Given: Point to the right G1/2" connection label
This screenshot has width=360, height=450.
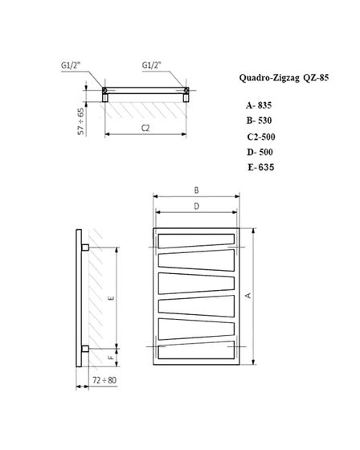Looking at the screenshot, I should point(153,66).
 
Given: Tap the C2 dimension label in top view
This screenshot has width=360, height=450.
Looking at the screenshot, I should point(145,127).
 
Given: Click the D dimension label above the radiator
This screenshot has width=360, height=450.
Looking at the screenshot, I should point(196,207).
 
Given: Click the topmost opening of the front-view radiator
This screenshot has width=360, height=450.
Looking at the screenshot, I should point(196,239).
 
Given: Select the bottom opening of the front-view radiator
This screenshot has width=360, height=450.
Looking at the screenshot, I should point(196,351).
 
